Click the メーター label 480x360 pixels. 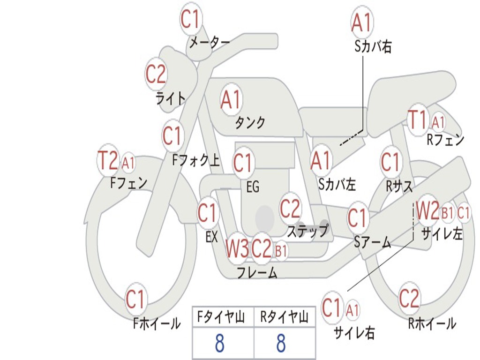209,43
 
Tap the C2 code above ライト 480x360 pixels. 156,74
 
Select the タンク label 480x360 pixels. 250,122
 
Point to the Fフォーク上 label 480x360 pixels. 196,160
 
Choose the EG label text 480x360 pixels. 253,187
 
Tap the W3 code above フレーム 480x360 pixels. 237,248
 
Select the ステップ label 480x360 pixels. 307,231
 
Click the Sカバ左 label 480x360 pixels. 337,184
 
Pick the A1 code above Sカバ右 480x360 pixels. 362,22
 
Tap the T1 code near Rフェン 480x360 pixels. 418,120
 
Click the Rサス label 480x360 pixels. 399,186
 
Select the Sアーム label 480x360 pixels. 373,242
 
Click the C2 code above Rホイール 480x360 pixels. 409,298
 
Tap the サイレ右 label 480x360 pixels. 354,332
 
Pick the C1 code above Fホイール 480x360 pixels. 135,299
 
